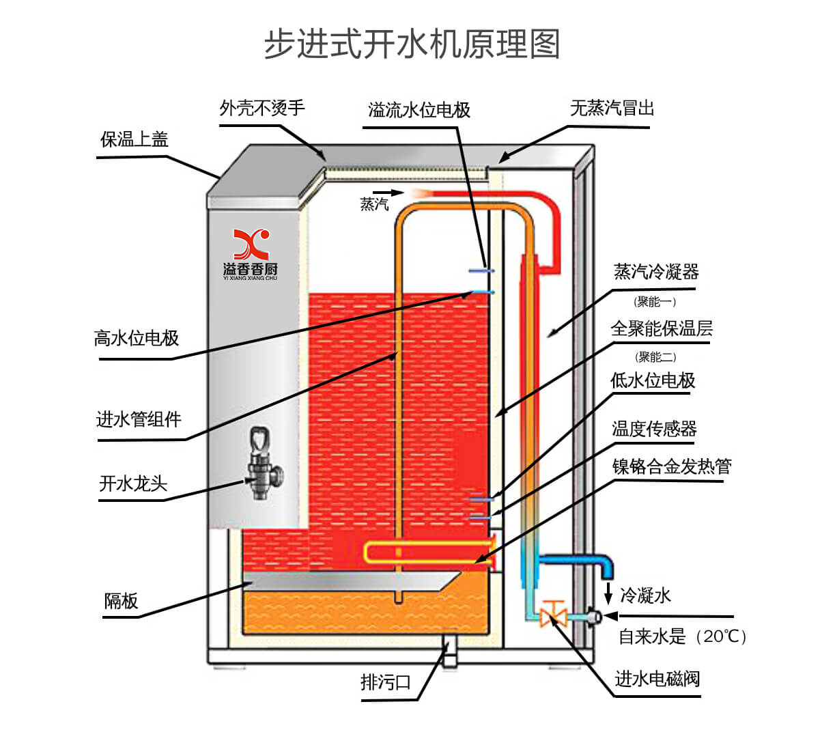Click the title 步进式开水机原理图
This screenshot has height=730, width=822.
(412, 45)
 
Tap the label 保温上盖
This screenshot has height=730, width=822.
(134, 140)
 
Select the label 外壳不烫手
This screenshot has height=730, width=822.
(262, 108)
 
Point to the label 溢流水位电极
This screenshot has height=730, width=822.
(419, 110)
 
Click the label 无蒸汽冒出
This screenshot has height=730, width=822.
(612, 108)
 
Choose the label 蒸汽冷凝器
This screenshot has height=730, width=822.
(656, 272)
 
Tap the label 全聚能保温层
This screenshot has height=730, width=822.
(661, 329)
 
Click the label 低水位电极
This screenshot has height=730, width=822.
(653, 381)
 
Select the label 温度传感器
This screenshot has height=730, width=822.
(654, 429)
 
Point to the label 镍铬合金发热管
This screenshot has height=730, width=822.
(672, 467)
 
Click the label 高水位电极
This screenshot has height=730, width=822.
(137, 338)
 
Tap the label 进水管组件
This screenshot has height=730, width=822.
(139, 419)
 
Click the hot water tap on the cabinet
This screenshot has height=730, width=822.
(260, 464)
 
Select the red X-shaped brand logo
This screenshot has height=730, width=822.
(251, 244)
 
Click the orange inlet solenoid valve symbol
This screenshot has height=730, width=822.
(552, 614)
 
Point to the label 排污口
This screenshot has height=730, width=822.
(386, 682)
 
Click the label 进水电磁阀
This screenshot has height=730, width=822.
(657, 679)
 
